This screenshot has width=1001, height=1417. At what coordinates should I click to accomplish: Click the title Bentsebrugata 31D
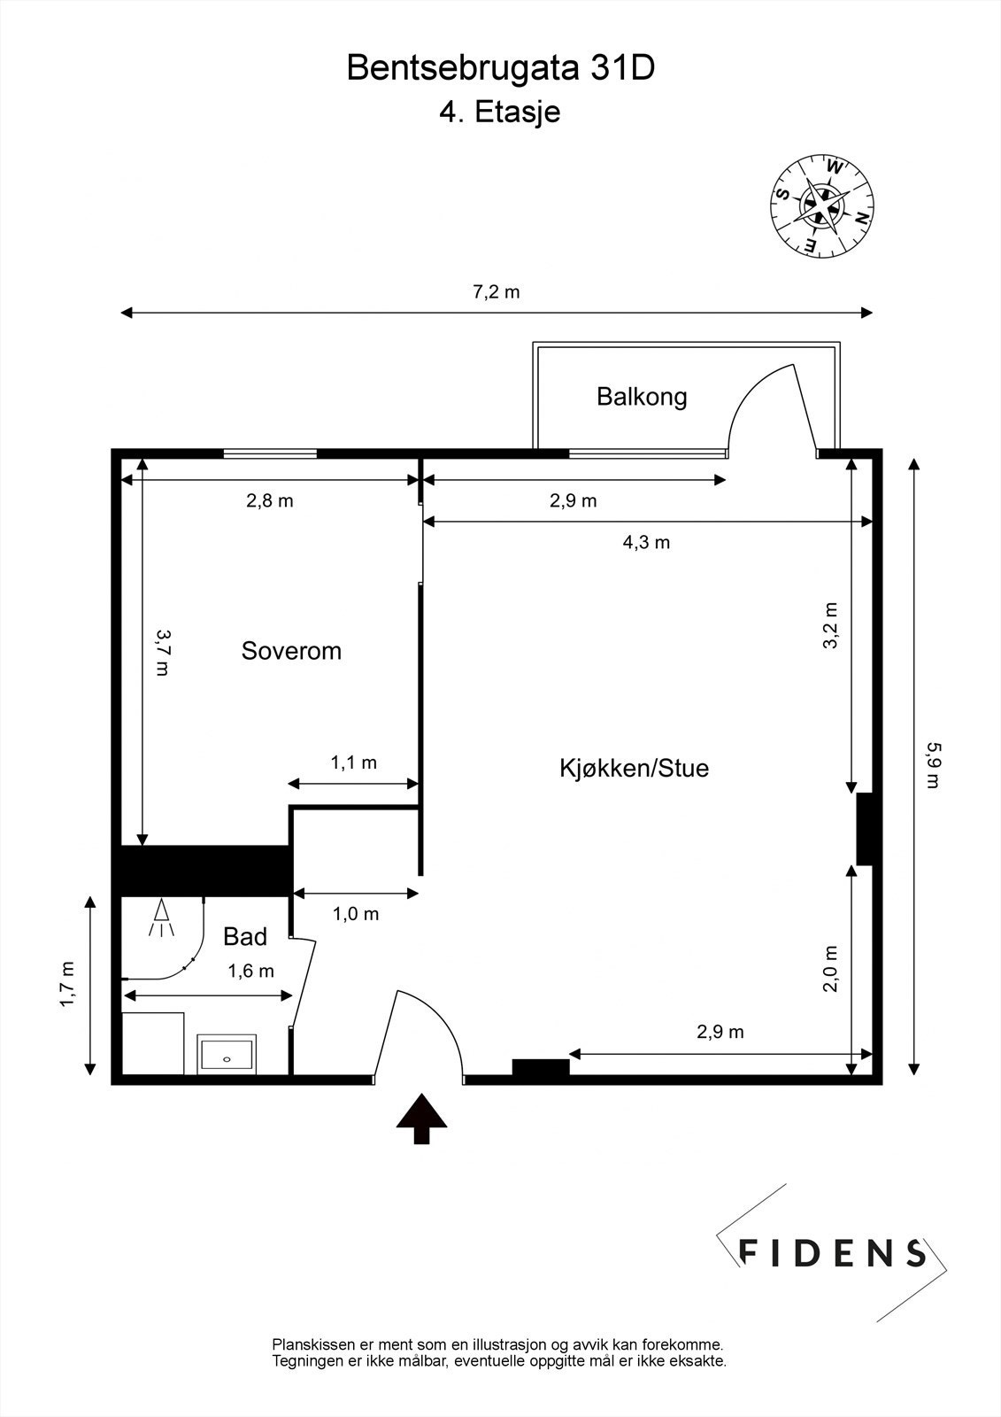tap(500, 68)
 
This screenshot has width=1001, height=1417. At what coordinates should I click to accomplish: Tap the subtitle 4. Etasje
tap(500, 112)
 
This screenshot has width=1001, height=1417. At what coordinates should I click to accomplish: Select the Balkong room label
tap(642, 396)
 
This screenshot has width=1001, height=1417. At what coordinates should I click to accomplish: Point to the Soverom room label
tap(291, 651)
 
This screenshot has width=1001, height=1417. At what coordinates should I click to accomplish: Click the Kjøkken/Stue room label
tap(634, 768)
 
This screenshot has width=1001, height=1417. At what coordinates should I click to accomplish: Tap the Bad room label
tap(245, 936)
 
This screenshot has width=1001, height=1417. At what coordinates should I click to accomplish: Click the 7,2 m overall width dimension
tap(496, 292)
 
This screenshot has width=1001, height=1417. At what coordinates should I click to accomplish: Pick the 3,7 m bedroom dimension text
tap(163, 652)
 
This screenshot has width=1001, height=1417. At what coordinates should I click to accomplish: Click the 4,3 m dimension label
tap(646, 542)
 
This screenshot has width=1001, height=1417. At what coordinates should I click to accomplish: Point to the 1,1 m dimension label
tap(354, 763)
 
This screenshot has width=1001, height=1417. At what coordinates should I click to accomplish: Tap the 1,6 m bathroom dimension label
tap(250, 971)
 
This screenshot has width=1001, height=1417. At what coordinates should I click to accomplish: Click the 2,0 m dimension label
tap(830, 968)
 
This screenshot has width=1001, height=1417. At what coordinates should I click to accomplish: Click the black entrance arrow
tap(421, 1119)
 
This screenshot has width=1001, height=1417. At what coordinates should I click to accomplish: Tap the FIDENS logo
tap(832, 1251)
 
